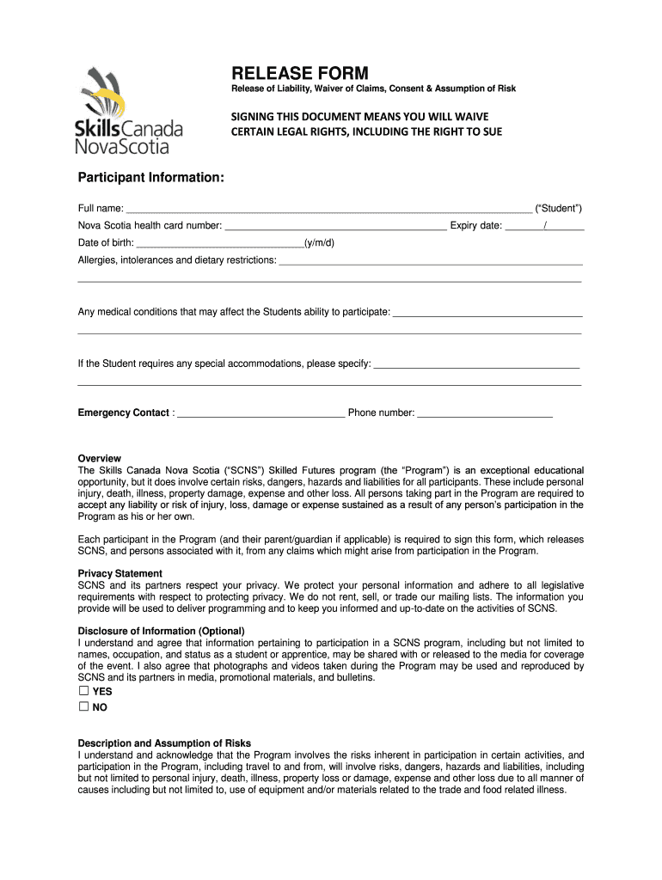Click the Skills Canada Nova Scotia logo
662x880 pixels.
point(130,112)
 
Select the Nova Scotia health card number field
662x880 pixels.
point(335,227)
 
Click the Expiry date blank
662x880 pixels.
point(544,227)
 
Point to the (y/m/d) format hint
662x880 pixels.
point(319,243)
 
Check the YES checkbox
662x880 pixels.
point(83,691)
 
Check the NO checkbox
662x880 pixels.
point(83,706)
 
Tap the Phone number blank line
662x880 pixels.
point(485,413)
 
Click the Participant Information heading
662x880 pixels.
point(151,177)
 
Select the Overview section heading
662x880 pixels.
point(100,459)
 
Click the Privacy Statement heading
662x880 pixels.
point(120,573)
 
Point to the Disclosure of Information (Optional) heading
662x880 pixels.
point(162,631)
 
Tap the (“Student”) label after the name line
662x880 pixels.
point(559,209)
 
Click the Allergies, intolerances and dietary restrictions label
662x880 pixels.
point(177,260)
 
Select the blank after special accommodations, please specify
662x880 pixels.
point(477,364)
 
